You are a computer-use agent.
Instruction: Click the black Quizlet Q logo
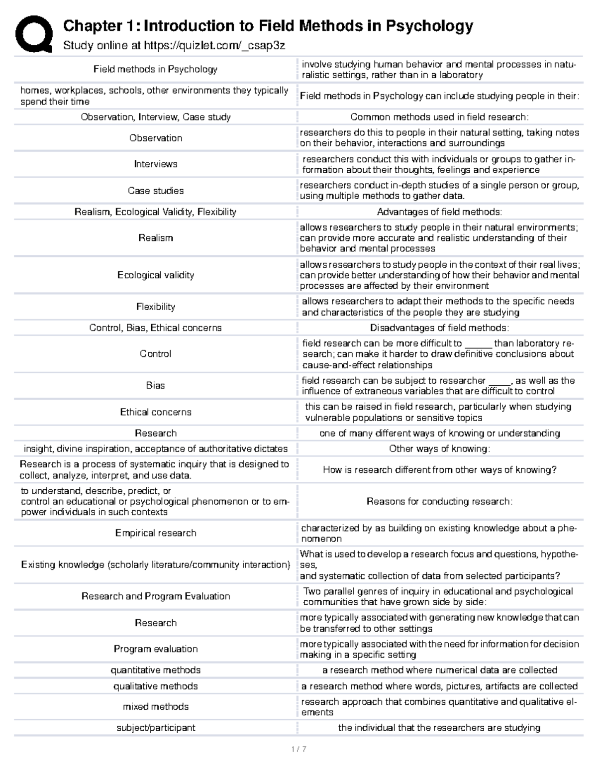[x=33, y=34]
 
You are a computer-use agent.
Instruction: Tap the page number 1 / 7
[x=298, y=749]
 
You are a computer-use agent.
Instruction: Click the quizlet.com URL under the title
[x=214, y=46]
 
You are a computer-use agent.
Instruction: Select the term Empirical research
[x=156, y=533]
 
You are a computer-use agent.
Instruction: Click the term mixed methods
[x=156, y=707]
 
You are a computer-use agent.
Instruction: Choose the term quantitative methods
[x=156, y=670]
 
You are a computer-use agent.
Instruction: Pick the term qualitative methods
[x=156, y=686]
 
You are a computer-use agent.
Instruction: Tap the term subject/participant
[x=156, y=728]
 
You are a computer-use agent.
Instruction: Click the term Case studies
[x=156, y=191]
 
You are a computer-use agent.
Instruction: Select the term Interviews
[x=156, y=164]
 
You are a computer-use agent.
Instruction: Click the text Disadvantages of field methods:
[x=439, y=328]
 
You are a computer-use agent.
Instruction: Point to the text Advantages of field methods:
[x=439, y=212]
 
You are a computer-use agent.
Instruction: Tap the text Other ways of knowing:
[x=439, y=449]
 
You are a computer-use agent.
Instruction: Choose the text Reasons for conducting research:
[x=439, y=501]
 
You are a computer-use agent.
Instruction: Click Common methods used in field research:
[x=439, y=117]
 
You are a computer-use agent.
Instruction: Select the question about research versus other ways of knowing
[x=439, y=470]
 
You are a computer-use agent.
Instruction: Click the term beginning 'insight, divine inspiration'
[x=154, y=449]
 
